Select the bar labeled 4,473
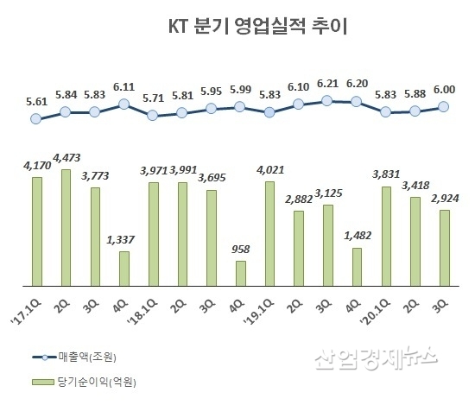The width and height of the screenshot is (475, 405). tap(66, 227)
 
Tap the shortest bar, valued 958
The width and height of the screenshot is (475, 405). tap(241, 273)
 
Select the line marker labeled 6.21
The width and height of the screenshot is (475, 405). tap(327, 100)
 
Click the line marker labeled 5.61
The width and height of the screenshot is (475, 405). tap(35, 119)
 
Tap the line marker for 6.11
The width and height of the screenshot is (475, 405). tap(123, 104)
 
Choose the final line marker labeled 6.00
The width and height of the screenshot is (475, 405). tap(445, 106)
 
